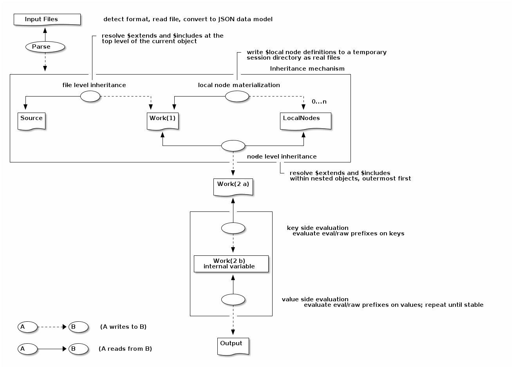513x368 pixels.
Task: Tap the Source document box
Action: pos(31,121)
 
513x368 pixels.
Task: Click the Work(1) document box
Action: pos(163,121)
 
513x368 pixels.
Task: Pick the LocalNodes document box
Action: pos(305,121)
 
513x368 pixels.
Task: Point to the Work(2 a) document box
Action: pos(233,187)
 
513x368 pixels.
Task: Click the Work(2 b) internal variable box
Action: pos(231,264)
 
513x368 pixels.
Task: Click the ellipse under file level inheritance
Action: pos(90,96)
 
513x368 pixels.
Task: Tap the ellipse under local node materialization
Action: pos(237,96)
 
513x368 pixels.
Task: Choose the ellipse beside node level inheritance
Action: pos(233,146)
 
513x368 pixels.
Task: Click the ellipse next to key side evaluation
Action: pos(233,228)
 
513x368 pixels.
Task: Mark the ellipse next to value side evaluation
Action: pos(233,300)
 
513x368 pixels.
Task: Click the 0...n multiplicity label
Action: pos(319,102)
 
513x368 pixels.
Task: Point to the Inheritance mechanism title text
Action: pos(307,69)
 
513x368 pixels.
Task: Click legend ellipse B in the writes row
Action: pos(78,327)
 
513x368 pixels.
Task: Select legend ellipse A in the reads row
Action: pos(27,349)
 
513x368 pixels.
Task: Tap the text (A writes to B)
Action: pos(123,327)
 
